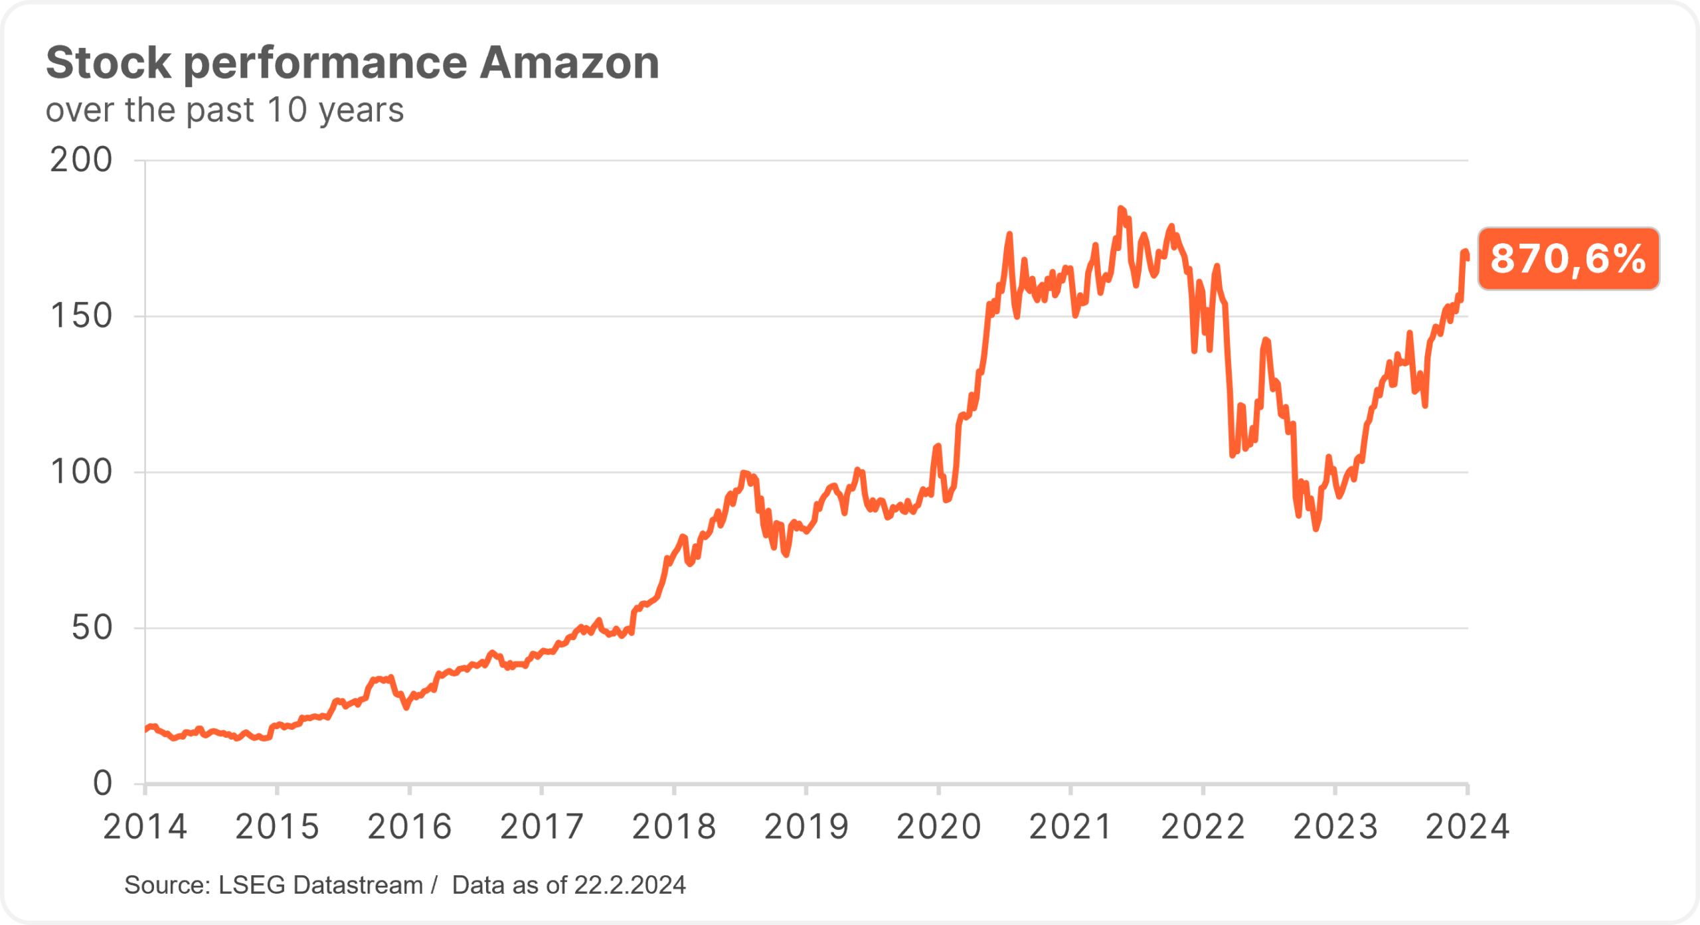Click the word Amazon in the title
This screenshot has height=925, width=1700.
coord(569,62)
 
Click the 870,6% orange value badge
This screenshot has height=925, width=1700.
coord(1568,258)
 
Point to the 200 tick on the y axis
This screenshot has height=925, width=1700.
coord(81,160)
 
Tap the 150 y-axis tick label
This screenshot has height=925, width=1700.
coord(81,316)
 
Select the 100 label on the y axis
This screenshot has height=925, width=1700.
coord(81,472)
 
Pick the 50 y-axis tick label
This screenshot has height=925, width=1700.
coord(92,628)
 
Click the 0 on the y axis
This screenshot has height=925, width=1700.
coord(102,784)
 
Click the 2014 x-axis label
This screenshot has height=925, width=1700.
coord(145,827)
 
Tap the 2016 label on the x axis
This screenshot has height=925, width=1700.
coord(409,827)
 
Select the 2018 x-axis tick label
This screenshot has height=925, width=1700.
coord(674,827)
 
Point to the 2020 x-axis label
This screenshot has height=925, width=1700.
coord(938,827)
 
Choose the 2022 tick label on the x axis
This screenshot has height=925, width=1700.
coord(1203,827)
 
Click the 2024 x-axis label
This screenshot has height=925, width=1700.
coord(1468,827)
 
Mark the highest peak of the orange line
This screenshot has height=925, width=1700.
coord(1121,209)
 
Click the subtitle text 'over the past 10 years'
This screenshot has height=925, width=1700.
coord(224,110)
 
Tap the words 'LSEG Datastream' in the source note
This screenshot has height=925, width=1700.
coord(321,885)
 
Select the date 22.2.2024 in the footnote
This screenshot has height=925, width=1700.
coord(630,885)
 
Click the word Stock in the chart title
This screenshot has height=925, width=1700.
coord(108,62)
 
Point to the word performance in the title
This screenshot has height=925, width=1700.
coord(325,62)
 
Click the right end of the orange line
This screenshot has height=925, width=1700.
coord(1467,258)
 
